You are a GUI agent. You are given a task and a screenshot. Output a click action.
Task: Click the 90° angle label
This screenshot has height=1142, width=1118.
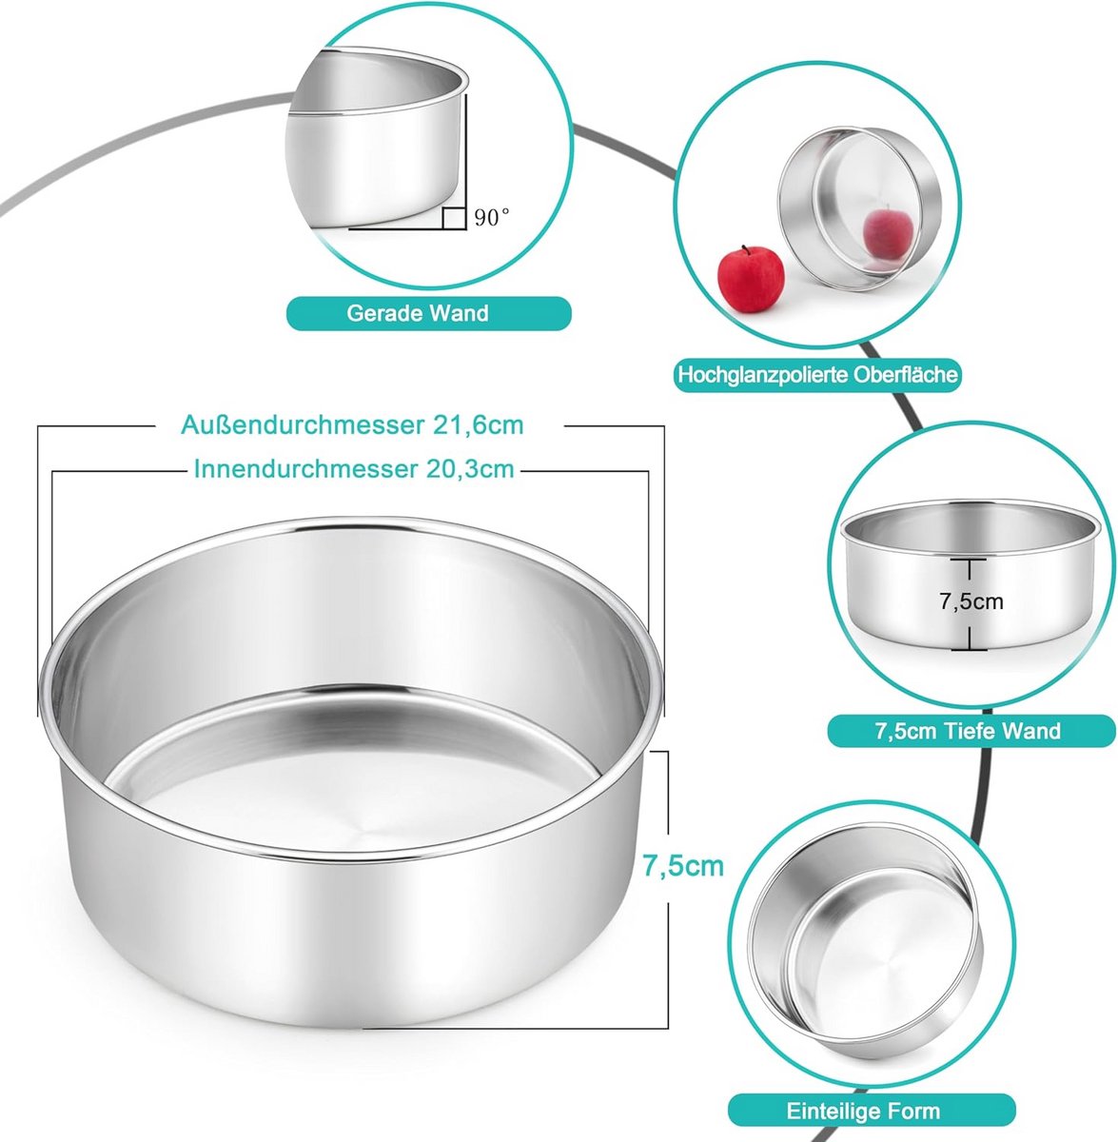(x=492, y=218)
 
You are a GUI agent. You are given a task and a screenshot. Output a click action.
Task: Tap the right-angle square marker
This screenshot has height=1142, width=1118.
(x=454, y=218)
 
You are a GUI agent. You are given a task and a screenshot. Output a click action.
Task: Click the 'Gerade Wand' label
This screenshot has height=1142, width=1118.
(x=418, y=313)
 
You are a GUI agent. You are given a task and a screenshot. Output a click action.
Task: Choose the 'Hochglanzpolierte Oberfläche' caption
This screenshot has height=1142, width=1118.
(x=818, y=375)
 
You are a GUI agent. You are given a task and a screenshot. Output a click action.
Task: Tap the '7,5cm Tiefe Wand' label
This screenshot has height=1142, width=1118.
(x=968, y=731)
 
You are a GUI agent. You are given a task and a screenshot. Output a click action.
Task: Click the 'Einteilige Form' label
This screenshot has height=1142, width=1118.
(x=863, y=1111)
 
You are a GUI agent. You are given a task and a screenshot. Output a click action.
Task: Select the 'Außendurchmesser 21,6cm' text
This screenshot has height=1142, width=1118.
(x=353, y=424)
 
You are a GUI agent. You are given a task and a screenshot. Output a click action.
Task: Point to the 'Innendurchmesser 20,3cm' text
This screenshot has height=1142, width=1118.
(x=354, y=469)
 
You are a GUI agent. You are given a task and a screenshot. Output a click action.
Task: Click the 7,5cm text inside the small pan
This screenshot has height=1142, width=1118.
(x=971, y=601)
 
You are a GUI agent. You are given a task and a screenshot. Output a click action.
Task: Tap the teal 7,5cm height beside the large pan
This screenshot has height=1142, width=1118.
(x=683, y=866)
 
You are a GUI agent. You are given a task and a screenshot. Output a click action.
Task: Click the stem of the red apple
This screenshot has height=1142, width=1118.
(x=743, y=249)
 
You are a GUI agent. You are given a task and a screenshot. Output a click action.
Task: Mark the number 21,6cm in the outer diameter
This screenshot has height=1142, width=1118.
(x=478, y=425)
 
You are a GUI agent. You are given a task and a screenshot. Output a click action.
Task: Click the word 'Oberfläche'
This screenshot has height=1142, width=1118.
(x=906, y=375)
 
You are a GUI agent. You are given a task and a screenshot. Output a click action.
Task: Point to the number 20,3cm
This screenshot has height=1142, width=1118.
(x=470, y=469)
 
